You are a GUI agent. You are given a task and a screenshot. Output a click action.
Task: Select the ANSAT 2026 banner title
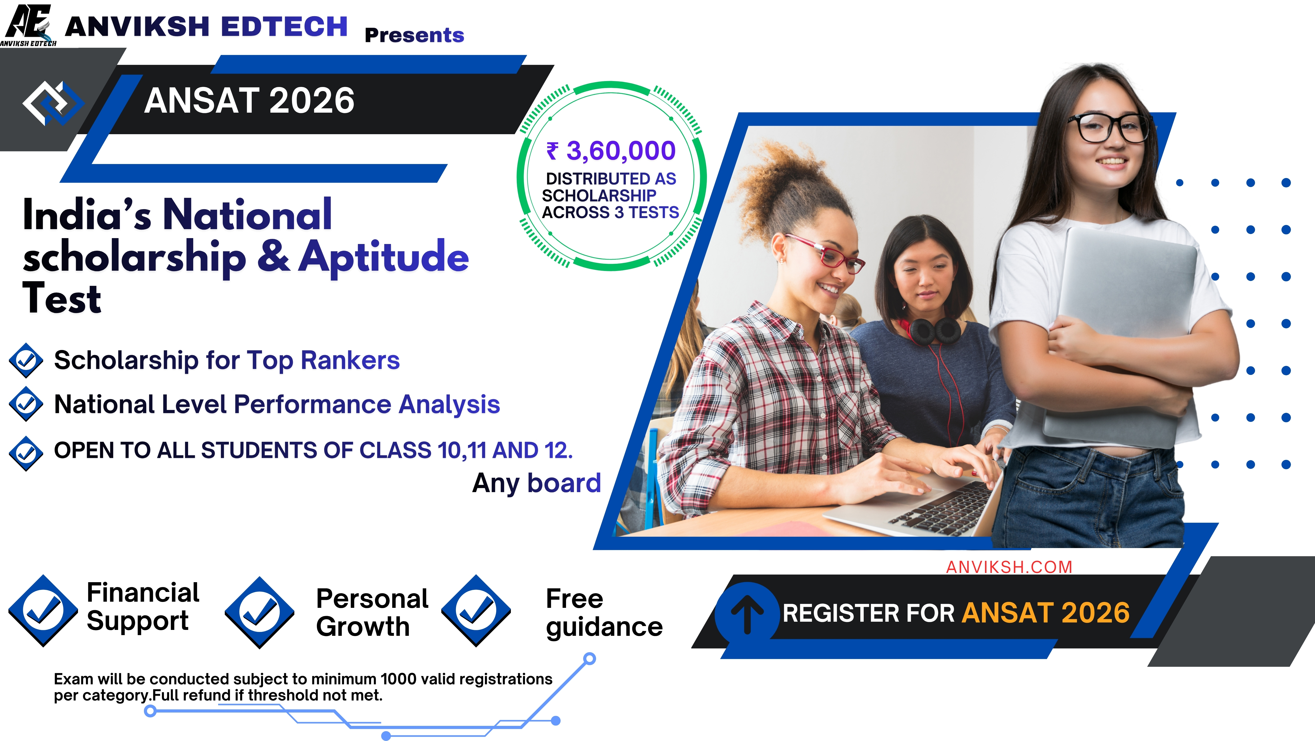249,101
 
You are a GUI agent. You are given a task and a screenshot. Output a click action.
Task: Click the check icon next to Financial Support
43,610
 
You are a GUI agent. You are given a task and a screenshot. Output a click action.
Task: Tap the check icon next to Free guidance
476,610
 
